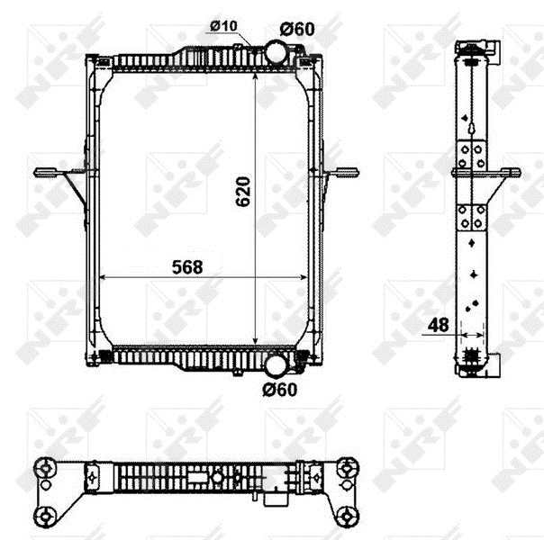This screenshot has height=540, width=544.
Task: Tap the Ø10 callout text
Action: coord(224,26)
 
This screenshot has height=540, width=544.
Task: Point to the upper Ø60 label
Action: coord(297,29)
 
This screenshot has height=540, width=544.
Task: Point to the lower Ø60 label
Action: coord(279,390)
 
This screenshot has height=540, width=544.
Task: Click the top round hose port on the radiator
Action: coord(275,51)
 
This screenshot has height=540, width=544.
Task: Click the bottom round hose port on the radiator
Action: coord(276,364)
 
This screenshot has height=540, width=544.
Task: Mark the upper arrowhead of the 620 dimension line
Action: coord(258,74)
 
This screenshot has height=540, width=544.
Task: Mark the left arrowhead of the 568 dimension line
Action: coord(100,277)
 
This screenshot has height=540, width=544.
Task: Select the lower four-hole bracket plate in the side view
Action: coord(470,217)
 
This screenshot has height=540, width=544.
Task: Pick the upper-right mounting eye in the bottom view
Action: coord(348,465)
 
